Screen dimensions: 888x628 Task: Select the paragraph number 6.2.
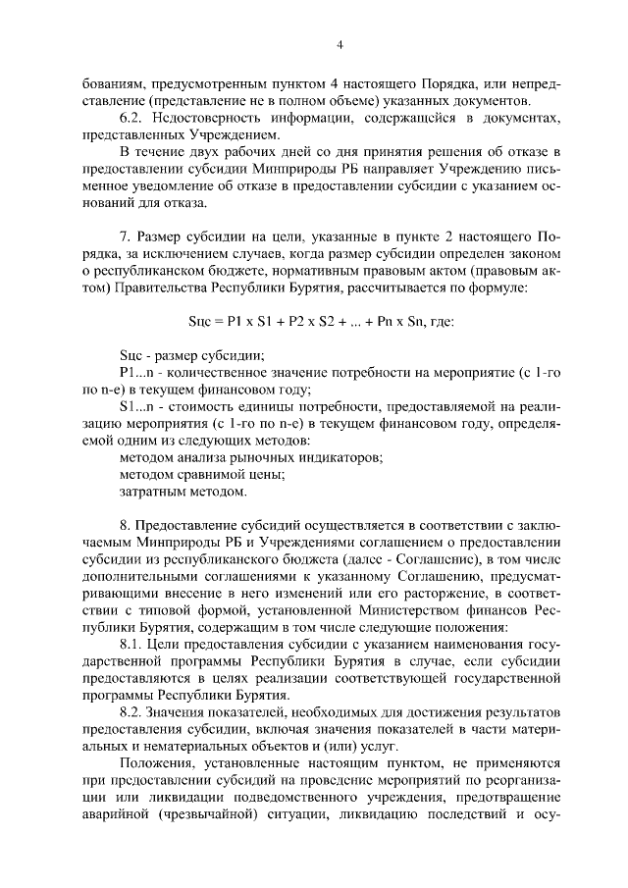tap(131, 118)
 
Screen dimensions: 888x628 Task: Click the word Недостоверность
tap(210, 118)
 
